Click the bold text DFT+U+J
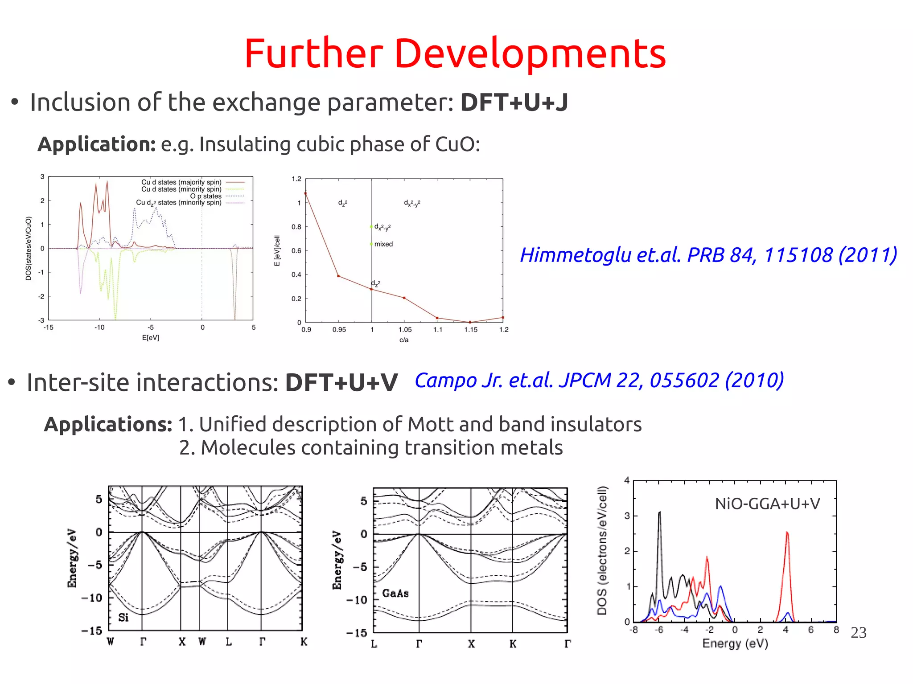[514, 102]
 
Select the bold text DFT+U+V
[341, 382]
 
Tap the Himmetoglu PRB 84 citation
[708, 255]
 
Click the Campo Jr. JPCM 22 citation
[599, 380]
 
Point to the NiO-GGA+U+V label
[767, 504]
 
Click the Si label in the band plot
[123, 617]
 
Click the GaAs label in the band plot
[395, 593]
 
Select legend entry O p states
[206, 196]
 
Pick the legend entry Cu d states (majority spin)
[181, 182]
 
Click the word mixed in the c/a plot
[383, 244]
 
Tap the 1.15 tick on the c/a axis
[471, 330]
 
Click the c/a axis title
[404, 340]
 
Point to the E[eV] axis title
[151, 338]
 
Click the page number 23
[858, 632]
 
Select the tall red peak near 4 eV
[787, 535]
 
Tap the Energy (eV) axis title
[735, 643]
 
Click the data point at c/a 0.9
[305, 193]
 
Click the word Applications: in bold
[108, 424]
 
